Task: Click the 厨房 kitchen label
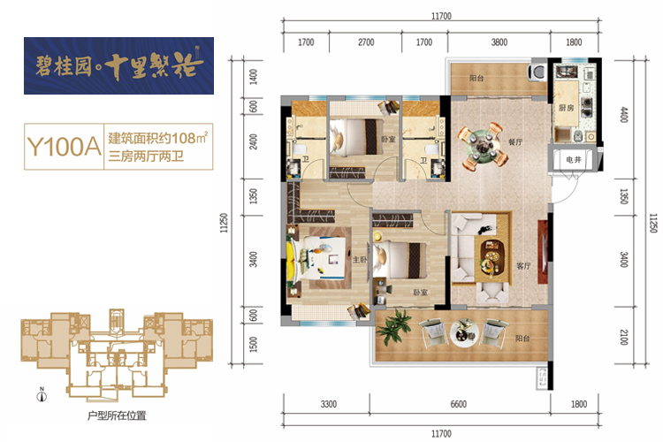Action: (566, 108)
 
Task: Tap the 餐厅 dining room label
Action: (515, 141)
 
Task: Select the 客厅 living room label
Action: (523, 265)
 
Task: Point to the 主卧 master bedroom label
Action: (360, 259)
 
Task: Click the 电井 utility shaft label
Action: (574, 159)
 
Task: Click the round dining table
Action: (483, 145)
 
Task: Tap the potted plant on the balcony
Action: (394, 326)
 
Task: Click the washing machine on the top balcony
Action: (538, 72)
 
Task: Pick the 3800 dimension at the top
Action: (499, 42)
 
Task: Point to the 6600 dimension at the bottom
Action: (458, 404)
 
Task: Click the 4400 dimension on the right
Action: (624, 115)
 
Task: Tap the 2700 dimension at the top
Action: (366, 42)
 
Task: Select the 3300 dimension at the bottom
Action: (329, 404)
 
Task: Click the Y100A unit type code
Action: (64, 147)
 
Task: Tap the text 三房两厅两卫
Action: (146, 156)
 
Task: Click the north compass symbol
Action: (42, 395)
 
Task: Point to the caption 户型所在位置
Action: (117, 415)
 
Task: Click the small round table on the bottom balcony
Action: (464, 333)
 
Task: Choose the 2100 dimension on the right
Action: (624, 336)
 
